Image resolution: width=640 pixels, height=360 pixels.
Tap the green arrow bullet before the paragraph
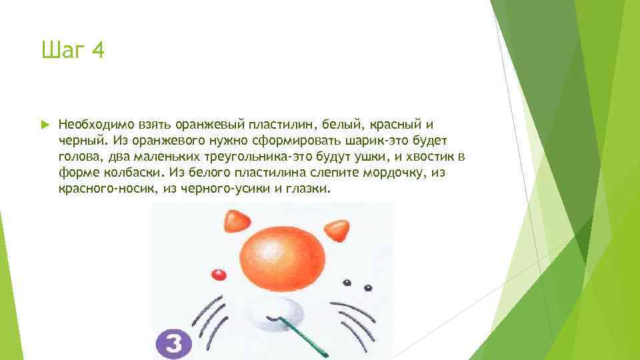[x=44, y=125]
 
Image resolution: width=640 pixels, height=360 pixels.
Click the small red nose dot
[x=217, y=275]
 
